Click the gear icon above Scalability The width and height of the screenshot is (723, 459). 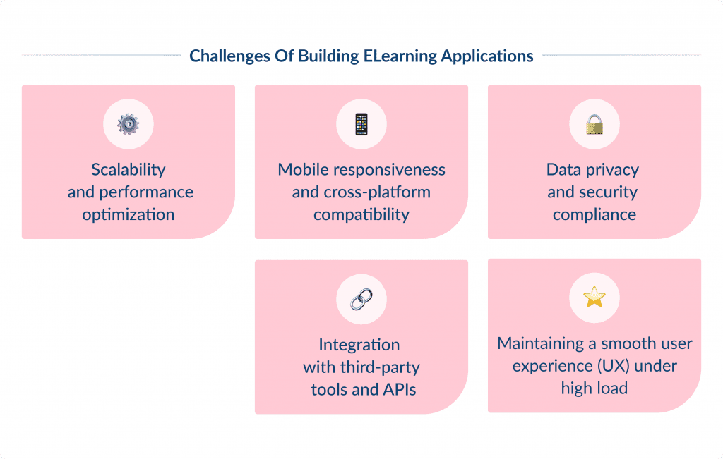click(x=129, y=124)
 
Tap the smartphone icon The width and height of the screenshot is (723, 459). click(x=361, y=124)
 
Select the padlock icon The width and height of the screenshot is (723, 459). click(x=594, y=124)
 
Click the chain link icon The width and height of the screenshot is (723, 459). click(x=361, y=300)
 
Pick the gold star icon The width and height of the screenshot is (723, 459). click(x=594, y=298)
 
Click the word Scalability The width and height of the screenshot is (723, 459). click(x=129, y=170)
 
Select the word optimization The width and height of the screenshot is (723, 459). click(x=129, y=215)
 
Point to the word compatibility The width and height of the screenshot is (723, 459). click(x=361, y=215)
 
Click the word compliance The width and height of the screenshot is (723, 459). click(x=594, y=215)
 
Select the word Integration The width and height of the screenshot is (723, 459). click(x=359, y=345)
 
